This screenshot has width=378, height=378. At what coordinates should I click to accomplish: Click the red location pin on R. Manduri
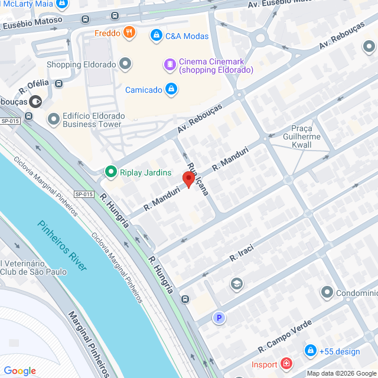(x=188, y=179)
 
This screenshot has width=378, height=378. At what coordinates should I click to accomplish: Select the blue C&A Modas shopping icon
(x=156, y=36)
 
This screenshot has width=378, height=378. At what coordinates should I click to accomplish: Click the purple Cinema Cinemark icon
(x=170, y=63)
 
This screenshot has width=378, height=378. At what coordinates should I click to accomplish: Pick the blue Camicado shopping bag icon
(x=171, y=90)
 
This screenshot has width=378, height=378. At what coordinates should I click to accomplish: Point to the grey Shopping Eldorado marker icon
(x=125, y=64)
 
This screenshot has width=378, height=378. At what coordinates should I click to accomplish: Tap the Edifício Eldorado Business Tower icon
(x=54, y=119)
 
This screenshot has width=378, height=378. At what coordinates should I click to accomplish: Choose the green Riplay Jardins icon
(x=110, y=172)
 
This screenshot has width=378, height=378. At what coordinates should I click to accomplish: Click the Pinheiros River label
(x=62, y=245)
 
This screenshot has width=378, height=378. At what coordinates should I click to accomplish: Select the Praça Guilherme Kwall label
(x=305, y=137)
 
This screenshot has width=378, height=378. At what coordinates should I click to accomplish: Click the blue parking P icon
(x=219, y=318)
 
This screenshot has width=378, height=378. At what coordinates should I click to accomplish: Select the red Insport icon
(x=286, y=363)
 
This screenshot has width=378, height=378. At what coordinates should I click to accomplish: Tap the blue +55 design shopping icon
(x=309, y=351)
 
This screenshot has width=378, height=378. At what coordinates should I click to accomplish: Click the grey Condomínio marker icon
(x=327, y=292)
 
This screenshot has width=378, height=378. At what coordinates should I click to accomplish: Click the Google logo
(x=20, y=370)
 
